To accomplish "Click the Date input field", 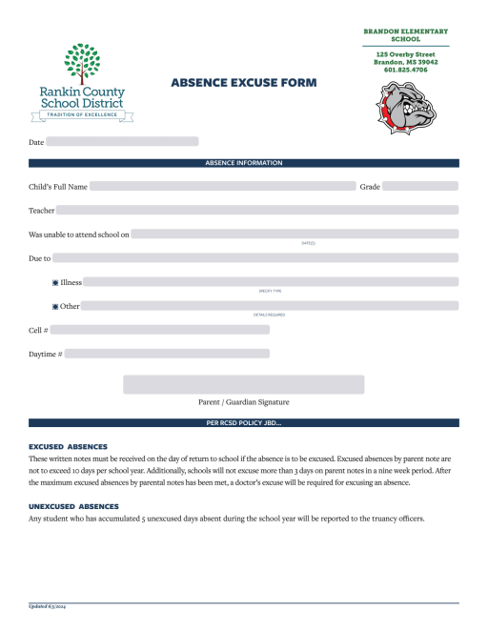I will point(122,142).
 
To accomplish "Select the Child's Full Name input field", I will point(221,186).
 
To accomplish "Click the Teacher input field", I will point(256,210).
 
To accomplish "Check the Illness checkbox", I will point(55,283).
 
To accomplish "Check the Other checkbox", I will point(55,307).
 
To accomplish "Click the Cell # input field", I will point(159,330).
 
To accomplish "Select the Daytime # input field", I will point(167,354).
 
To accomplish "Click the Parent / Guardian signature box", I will point(243,384).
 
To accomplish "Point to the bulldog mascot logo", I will point(405,106).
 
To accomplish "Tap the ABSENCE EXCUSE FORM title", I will point(236,83).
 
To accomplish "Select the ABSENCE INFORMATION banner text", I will point(244,163).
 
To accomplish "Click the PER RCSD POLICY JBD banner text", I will point(244,422).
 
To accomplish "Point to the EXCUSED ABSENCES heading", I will point(68,446).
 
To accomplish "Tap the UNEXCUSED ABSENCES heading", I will point(73,506).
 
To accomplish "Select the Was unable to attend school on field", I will point(295,234).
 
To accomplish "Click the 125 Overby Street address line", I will point(405,54).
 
